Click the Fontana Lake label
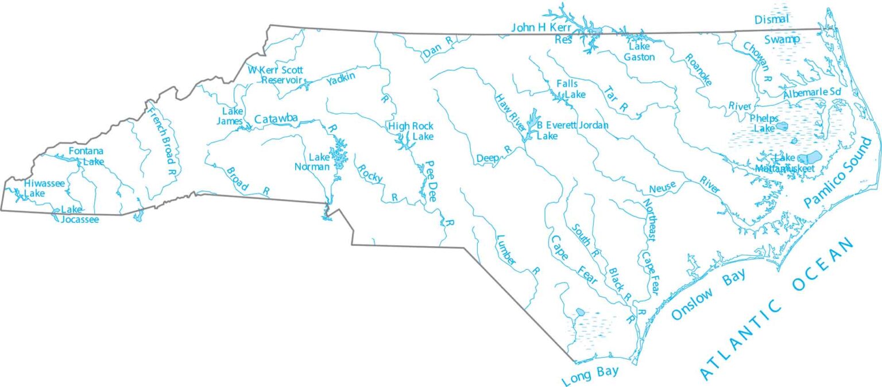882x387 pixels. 86,156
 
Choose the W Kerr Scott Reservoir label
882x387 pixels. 275,75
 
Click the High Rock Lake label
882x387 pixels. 411,131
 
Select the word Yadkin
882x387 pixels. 341,80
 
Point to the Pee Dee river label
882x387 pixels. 431,180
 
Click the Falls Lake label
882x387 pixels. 567,88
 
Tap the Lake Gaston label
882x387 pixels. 640,51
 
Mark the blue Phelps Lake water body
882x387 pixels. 782,125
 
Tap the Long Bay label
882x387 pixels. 590,374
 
